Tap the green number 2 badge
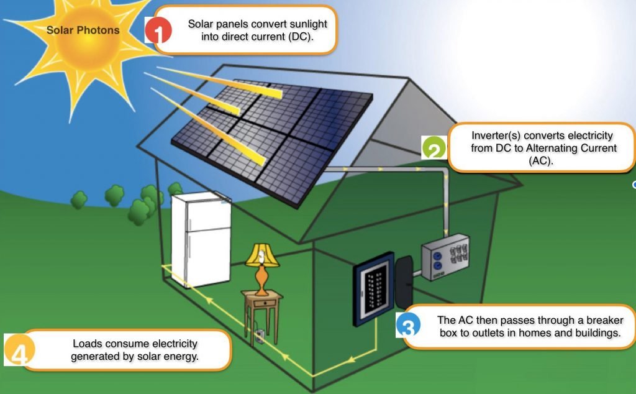[434, 150]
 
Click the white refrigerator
[201, 240]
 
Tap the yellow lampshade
[262, 254]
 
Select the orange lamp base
[263, 279]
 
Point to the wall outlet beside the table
[260, 336]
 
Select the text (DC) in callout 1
[298, 37]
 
